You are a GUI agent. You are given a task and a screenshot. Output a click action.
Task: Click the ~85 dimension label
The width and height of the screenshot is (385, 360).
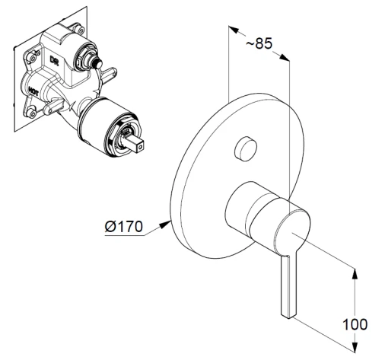click(x=259, y=43)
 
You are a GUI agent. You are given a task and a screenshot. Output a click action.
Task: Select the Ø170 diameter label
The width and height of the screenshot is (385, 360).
click(x=124, y=226)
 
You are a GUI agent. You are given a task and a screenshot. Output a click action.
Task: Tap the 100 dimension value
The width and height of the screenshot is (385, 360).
click(x=355, y=324)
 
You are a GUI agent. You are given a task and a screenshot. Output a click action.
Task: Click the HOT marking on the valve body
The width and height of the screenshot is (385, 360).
click(x=33, y=91)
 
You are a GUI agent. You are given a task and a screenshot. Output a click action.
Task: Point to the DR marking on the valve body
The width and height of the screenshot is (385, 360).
click(x=54, y=60)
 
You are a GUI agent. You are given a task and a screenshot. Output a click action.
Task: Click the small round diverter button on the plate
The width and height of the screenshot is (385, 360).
click(x=245, y=149)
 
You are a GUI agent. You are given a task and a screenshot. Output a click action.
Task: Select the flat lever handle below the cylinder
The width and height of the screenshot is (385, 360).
click(x=288, y=286)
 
